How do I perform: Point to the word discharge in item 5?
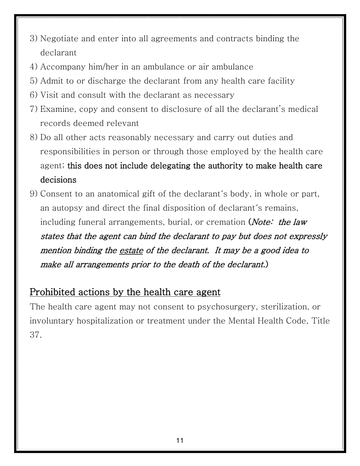tap(144, 81)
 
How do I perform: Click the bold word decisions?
tap(58, 180)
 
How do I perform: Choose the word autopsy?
tap(64, 208)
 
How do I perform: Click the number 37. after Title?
tap(35, 335)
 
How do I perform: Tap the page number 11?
tap(180, 440)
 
